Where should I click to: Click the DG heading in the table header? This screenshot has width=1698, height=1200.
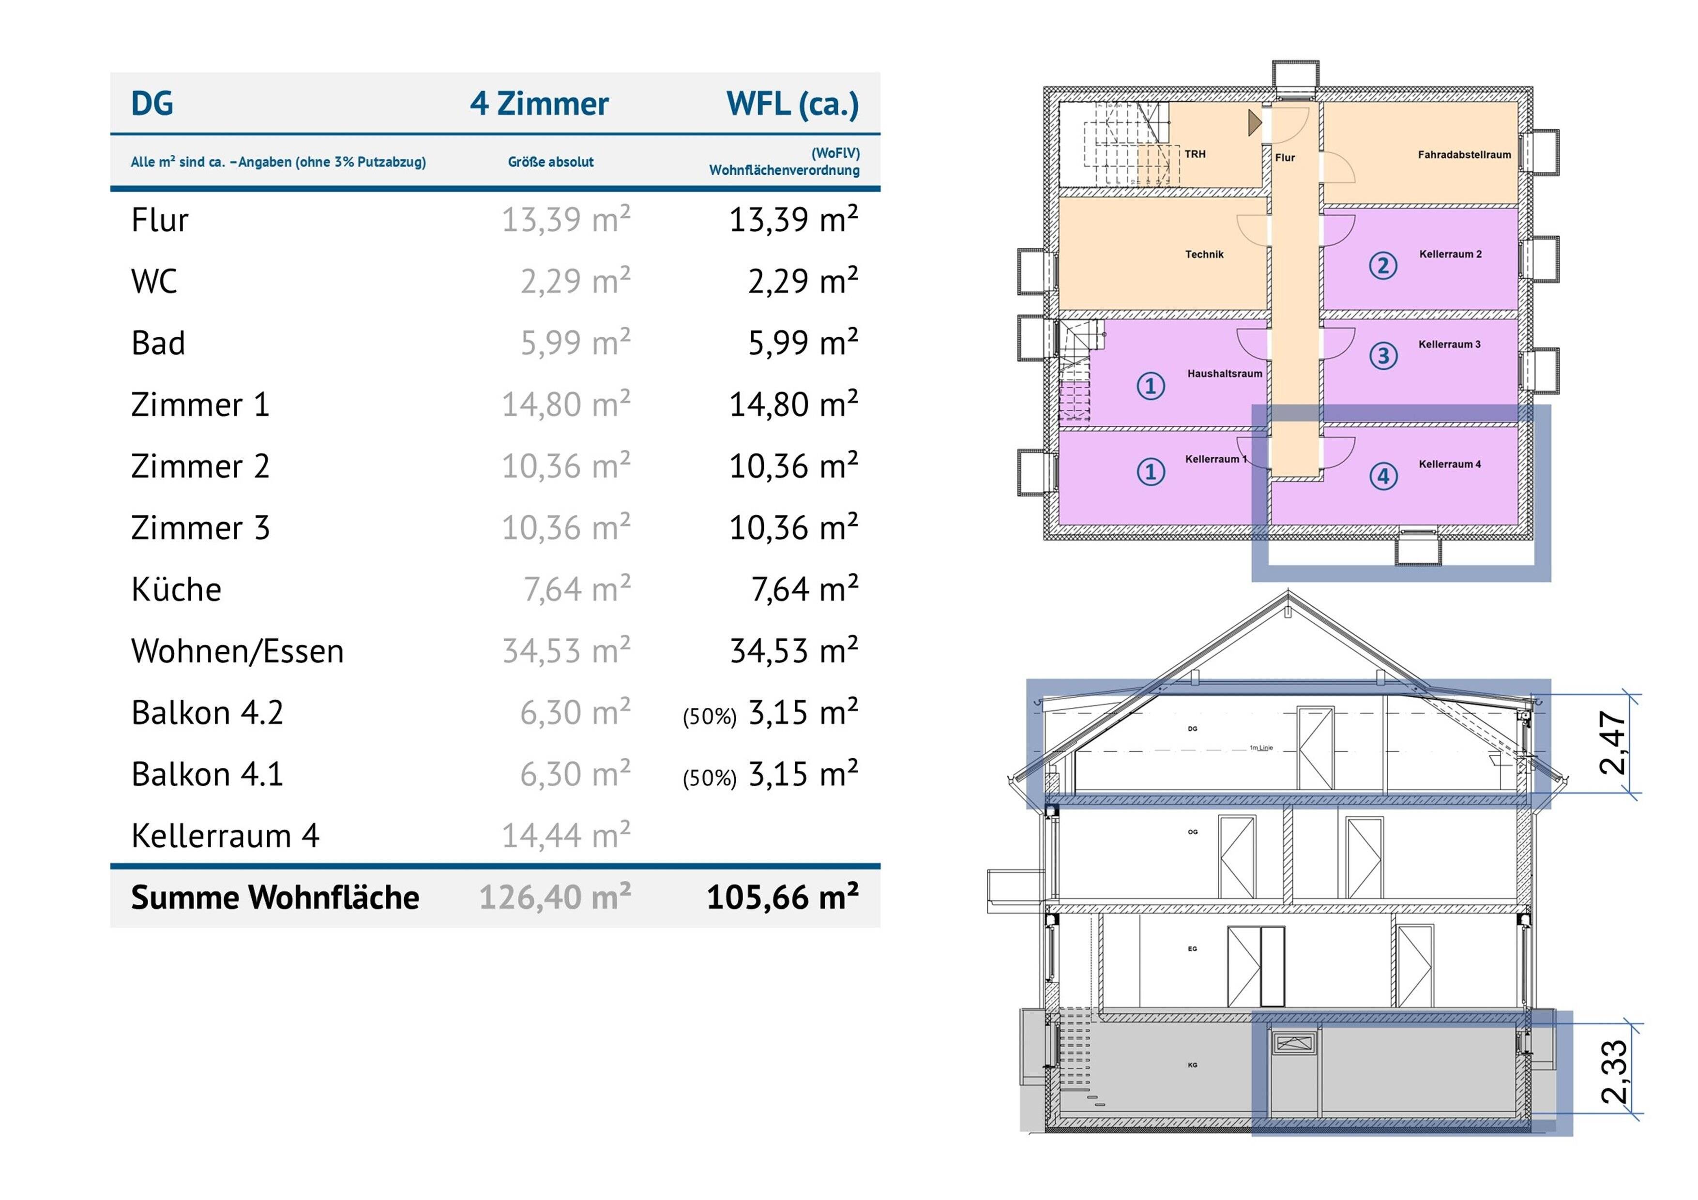click(152, 104)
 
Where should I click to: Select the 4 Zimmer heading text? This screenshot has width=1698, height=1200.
click(539, 104)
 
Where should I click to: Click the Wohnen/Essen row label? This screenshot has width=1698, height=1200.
click(237, 651)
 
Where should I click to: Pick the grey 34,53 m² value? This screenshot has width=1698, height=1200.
click(566, 651)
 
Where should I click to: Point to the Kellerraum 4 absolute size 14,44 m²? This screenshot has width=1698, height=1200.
click(566, 836)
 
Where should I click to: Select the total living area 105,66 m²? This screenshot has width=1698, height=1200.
click(782, 897)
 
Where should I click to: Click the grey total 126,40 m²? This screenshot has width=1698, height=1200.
click(555, 897)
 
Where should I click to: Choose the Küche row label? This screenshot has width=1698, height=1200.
click(176, 589)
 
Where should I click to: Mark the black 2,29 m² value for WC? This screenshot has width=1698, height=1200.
click(803, 282)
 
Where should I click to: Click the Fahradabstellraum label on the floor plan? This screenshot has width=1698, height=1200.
click(1464, 154)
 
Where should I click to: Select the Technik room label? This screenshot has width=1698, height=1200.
click(1205, 255)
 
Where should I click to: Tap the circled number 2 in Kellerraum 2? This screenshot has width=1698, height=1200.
click(1383, 266)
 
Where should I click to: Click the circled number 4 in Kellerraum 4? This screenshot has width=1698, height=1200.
click(1383, 476)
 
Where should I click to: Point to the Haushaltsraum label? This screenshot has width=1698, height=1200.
click(1225, 374)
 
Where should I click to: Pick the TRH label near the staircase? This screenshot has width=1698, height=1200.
click(1195, 154)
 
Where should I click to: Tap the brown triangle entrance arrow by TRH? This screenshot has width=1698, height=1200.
click(1254, 123)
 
